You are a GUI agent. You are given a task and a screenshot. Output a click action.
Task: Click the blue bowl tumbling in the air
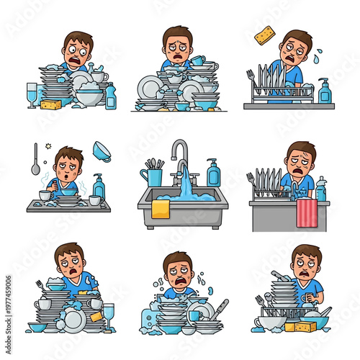point(102,152)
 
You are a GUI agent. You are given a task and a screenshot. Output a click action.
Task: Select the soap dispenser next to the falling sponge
point(325,91)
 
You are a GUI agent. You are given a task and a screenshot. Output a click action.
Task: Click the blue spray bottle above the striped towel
point(321,189)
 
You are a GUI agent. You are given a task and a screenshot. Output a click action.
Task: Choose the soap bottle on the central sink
point(213,174)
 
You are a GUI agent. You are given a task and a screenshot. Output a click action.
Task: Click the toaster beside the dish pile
point(149,315)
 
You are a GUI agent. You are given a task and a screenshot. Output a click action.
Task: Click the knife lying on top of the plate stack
point(281,276)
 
